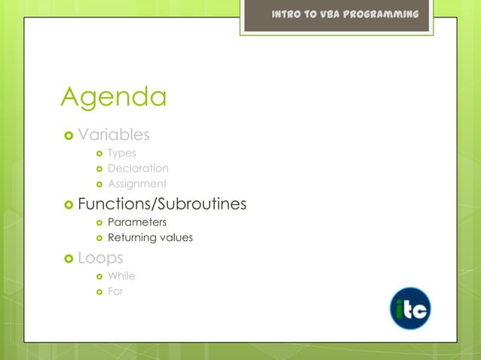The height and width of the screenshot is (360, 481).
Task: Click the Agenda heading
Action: (113, 98)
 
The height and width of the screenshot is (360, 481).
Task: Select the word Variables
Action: (114, 135)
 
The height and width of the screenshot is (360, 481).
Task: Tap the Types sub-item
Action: (121, 153)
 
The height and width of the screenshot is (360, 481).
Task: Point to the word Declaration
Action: (138, 168)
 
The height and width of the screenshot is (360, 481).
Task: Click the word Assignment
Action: (137, 184)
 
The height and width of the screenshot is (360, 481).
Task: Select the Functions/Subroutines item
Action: (162, 204)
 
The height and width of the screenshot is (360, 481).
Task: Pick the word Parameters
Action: (137, 222)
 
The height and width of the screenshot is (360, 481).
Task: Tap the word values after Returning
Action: (176, 238)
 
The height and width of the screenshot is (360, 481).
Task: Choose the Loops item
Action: (100, 258)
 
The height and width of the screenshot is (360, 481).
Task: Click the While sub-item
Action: (121, 276)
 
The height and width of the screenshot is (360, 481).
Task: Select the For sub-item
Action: (115, 291)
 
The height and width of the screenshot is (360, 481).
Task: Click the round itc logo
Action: (410, 308)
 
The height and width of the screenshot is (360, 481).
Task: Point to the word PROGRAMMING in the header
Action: (381, 15)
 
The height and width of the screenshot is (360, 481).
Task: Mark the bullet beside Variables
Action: (68, 136)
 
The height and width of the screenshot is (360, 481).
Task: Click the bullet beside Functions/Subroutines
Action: (68, 205)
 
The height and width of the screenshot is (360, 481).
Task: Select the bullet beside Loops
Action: (68, 259)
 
